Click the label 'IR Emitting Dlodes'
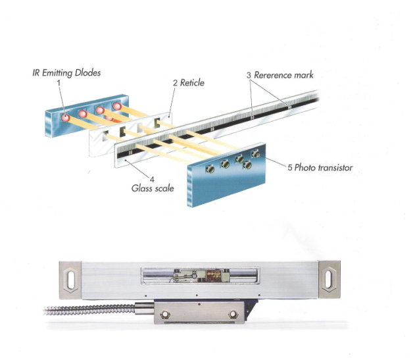tap(66, 72)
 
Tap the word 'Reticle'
tap(192, 83)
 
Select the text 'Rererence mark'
tap(283, 75)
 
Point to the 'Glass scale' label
tap(153, 188)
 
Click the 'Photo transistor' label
tap(324, 167)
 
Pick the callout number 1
tap(59, 83)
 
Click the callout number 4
tap(152, 180)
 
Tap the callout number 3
tap(249, 75)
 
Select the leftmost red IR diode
tap(65, 117)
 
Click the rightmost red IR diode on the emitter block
tap(117, 107)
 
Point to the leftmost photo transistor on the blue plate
tap(210, 168)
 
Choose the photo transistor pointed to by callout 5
tap(255, 154)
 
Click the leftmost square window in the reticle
tap(105, 136)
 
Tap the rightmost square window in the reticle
tap(157, 122)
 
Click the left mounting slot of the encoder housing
tap(71, 280)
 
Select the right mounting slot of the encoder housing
tap(328, 278)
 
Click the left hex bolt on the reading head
tap(165, 315)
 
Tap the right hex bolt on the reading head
tap(233, 315)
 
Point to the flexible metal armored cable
tap(90, 310)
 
